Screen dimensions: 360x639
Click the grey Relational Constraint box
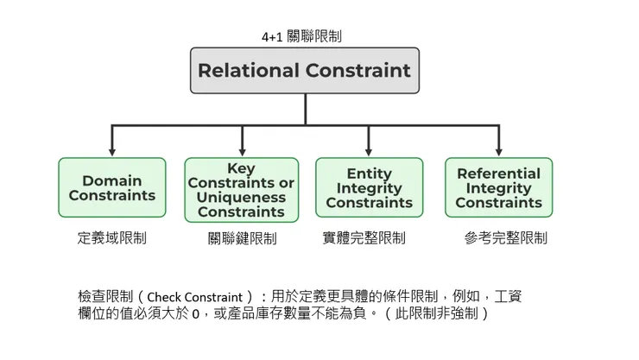305,70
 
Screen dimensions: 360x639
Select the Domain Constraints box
112,187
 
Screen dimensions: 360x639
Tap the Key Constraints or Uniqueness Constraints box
241,190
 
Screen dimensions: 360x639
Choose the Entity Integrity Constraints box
369,187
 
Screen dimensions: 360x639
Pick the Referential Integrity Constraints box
498,187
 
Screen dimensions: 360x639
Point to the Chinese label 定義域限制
111,237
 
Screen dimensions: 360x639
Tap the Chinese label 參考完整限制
505,237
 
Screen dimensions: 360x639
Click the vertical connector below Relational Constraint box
305,109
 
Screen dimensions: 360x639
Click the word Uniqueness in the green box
241,197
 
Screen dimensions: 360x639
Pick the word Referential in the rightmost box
498,174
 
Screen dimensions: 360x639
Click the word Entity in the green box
369,174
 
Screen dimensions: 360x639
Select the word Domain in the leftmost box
112,180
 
